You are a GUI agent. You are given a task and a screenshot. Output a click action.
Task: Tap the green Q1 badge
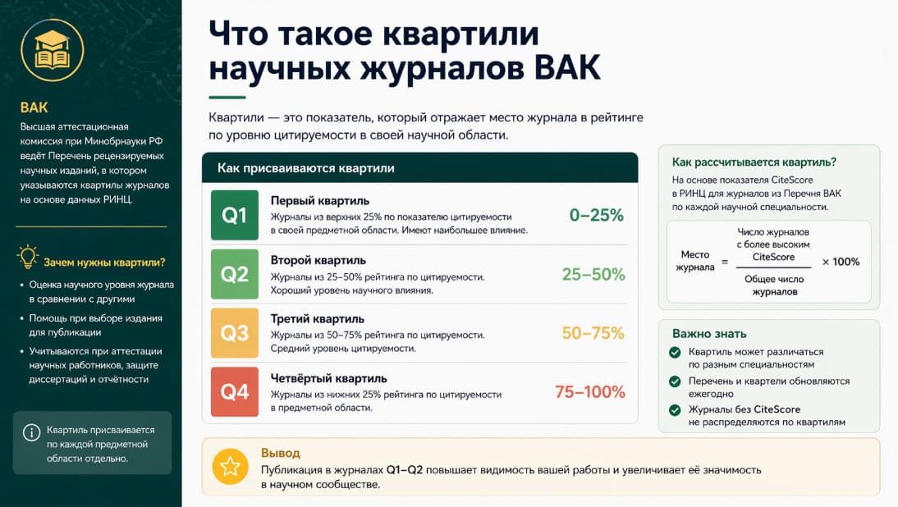235,216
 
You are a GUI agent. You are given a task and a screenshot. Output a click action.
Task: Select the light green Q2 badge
235,275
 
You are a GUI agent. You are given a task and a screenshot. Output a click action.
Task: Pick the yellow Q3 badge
235,333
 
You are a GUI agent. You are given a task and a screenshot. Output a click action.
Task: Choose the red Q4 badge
235,392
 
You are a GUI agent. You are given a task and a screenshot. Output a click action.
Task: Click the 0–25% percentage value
597,216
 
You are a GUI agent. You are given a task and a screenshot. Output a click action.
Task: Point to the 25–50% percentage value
593,275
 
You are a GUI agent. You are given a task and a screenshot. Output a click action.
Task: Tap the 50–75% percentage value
593,333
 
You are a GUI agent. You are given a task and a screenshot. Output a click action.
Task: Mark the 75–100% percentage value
590,392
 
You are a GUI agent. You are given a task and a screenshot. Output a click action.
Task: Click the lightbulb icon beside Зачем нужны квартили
28,257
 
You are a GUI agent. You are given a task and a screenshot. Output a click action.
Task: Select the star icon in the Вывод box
231,467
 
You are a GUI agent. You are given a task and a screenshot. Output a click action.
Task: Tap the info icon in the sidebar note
31,433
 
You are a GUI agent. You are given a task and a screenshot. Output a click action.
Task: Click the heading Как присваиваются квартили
305,168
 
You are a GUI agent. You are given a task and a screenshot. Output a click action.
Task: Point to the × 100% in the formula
841,262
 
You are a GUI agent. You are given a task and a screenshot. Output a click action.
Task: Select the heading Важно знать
709,334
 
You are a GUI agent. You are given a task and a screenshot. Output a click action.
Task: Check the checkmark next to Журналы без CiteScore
675,409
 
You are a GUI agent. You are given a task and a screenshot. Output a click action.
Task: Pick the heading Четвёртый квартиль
328,378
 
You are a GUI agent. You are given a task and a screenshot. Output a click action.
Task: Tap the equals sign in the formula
725,263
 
